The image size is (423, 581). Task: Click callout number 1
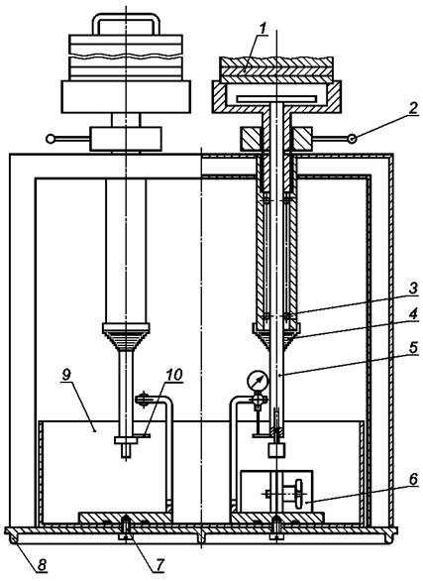pyautogui.click(x=263, y=29)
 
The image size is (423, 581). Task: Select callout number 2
pyautogui.click(x=413, y=109)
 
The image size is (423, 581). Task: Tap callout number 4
pyautogui.click(x=413, y=314)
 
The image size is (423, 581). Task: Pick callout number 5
pyautogui.click(x=413, y=348)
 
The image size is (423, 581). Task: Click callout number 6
pyautogui.click(x=413, y=479)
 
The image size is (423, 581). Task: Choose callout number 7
pyautogui.click(x=159, y=564)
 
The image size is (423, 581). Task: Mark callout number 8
pyautogui.click(x=42, y=565)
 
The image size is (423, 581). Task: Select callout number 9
pyautogui.click(x=65, y=375)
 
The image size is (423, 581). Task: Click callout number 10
pyautogui.click(x=174, y=375)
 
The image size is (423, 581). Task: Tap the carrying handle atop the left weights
pyautogui.click(x=126, y=24)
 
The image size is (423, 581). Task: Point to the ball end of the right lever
pyautogui.click(x=352, y=139)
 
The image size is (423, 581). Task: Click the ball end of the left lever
pyautogui.click(x=50, y=139)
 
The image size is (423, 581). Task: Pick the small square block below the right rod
pyautogui.click(x=276, y=450)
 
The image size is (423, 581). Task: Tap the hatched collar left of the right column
pyautogui.click(x=252, y=139)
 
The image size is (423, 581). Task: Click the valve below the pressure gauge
pyautogui.click(x=259, y=401)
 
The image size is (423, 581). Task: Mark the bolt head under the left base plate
pyautogui.click(x=126, y=536)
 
